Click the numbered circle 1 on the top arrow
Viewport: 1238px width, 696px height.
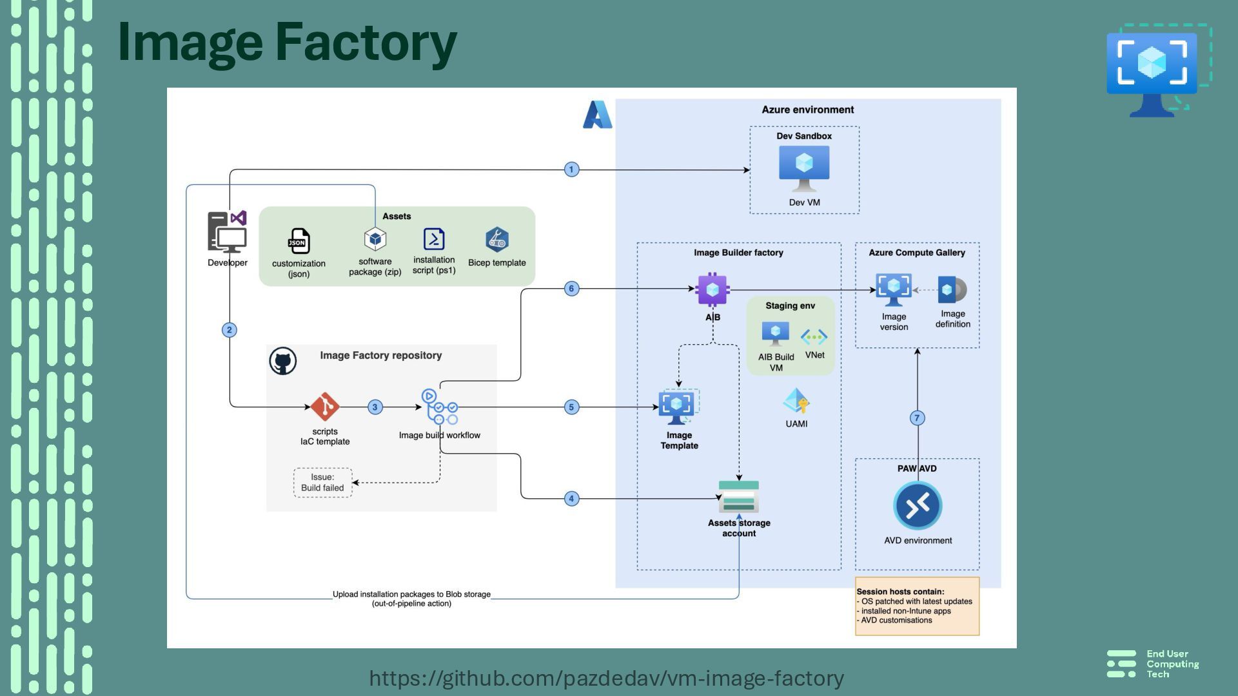(571, 169)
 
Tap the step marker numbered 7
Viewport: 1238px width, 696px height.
(917, 418)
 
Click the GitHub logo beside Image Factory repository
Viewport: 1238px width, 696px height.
(283, 361)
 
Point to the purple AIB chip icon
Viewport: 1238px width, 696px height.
(712, 290)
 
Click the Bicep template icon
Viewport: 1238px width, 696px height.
(497, 240)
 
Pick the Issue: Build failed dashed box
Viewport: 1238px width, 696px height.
(322, 483)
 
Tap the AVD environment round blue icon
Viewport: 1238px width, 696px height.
(918, 506)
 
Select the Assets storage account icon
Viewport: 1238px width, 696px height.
(739, 497)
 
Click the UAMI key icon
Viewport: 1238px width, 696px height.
(796, 401)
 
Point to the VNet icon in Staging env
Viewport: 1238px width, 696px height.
(814, 336)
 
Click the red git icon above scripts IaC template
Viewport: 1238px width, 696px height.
(325, 407)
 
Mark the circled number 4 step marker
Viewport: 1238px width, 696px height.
(571, 499)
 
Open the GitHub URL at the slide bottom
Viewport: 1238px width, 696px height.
(606, 678)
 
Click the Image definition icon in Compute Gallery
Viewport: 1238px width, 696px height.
(952, 290)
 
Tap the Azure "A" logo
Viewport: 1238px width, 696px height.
(597, 115)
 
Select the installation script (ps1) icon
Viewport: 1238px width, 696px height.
(434, 239)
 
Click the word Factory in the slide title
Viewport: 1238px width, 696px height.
(366, 43)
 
